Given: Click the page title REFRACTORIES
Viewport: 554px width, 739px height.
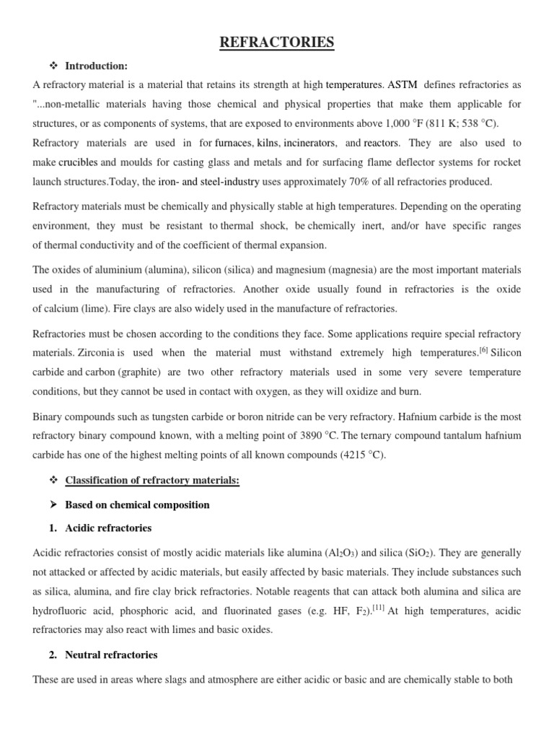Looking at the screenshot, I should click(277, 43).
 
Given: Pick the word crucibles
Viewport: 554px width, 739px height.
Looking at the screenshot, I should click(78, 163).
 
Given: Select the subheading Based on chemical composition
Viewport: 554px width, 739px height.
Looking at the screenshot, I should click(137, 505).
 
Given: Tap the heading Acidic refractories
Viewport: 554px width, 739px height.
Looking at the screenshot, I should click(108, 528).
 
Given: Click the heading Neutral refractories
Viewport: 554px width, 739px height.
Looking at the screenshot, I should click(111, 655).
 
